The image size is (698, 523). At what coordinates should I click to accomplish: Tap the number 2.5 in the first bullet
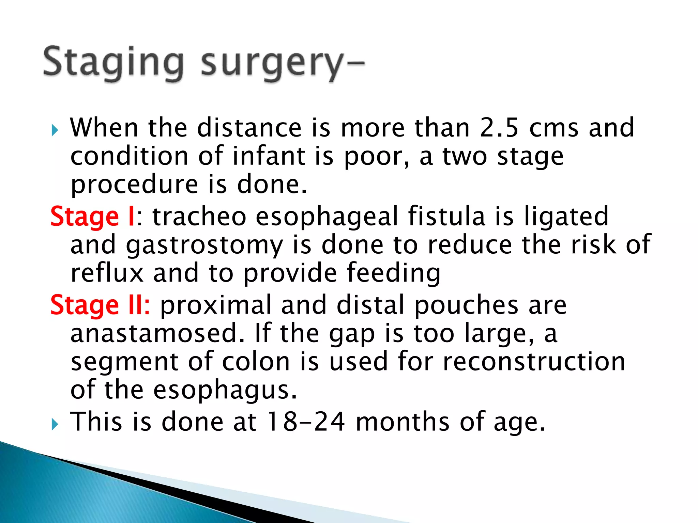coord(499,127)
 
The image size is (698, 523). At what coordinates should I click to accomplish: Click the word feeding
coord(393,273)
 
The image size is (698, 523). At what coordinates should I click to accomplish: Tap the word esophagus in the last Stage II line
coord(225,391)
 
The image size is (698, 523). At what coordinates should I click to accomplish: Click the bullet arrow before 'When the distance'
coord(55,130)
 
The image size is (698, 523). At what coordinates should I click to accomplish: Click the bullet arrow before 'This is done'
coord(55,424)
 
